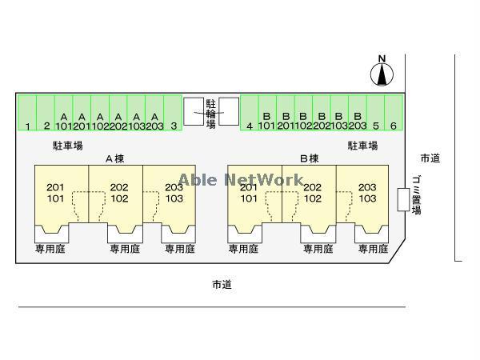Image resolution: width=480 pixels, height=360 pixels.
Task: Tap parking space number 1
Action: tap(27, 114)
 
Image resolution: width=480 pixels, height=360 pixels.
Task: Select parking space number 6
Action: tap(394, 114)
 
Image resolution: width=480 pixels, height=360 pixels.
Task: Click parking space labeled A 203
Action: tap(154, 114)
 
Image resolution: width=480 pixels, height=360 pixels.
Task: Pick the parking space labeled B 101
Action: tap(266, 114)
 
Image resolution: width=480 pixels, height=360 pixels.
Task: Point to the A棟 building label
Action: tap(114, 158)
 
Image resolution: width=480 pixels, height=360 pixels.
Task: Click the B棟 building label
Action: tap(309, 158)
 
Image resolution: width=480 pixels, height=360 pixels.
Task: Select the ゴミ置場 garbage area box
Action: tap(403, 199)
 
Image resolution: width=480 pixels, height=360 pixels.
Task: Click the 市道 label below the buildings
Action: tap(222, 284)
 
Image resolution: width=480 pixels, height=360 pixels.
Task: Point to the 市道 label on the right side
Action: tap(430, 158)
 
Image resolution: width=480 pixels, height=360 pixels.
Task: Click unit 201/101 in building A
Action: tap(55, 193)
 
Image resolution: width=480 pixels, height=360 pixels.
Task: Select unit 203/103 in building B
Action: tap(366, 193)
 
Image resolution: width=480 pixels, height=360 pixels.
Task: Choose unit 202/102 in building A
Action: tap(119, 193)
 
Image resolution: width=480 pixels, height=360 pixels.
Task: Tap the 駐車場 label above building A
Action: tap(68, 146)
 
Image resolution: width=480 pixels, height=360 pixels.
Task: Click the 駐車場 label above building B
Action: tap(362, 146)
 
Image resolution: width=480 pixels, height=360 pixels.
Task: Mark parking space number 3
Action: tap(173, 114)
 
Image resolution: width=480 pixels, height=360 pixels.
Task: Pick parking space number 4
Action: tap(250, 114)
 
